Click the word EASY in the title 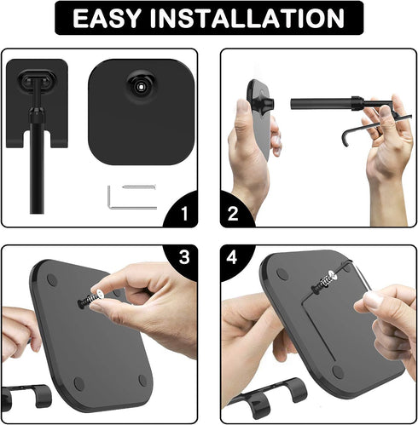tap(107, 18)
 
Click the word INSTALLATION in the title tap(247, 18)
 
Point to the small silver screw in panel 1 tap(139, 187)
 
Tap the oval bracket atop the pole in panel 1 tap(37, 79)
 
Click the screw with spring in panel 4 tap(324, 281)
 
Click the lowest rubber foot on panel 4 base tap(338, 372)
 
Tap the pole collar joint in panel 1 tap(37, 113)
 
